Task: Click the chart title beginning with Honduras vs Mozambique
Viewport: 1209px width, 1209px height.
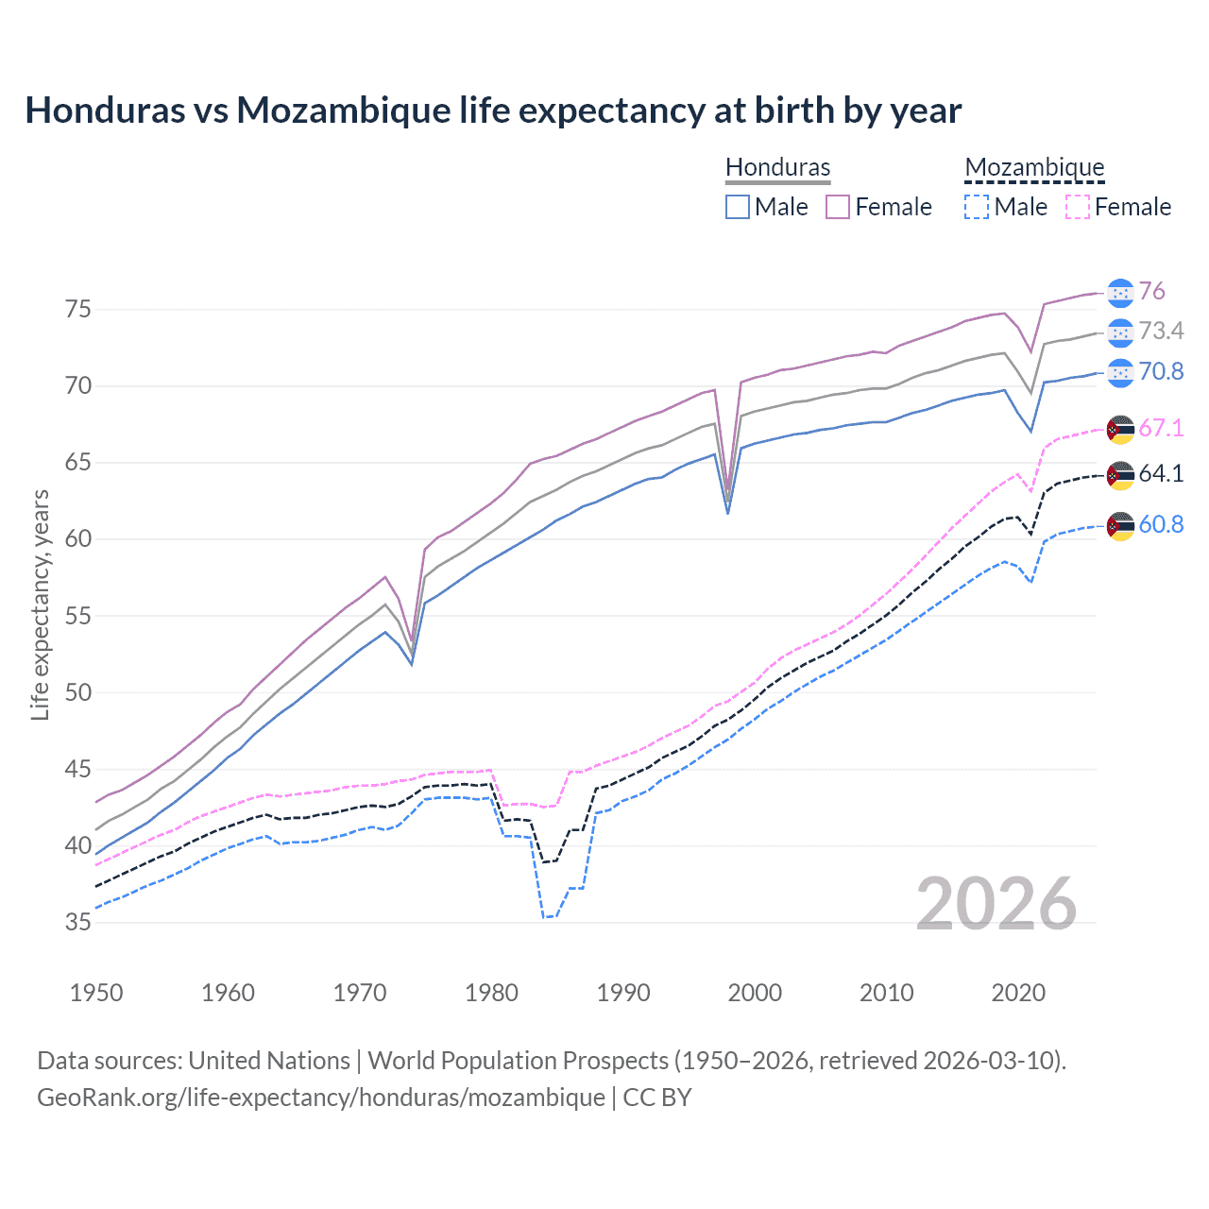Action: (x=493, y=111)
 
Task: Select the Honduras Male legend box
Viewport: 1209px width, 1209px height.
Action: (x=738, y=207)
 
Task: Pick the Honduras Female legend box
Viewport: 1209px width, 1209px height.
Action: (x=838, y=207)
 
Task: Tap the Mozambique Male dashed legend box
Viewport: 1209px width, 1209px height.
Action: (x=977, y=207)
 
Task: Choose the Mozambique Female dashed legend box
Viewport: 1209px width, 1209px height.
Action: (x=1078, y=207)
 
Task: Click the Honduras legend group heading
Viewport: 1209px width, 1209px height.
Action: (x=777, y=167)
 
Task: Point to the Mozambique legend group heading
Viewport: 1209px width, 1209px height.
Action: (x=1034, y=167)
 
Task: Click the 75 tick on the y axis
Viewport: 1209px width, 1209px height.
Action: (x=78, y=310)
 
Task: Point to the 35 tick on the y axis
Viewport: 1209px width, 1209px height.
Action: (x=78, y=922)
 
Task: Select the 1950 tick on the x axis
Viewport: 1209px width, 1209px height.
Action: (x=96, y=993)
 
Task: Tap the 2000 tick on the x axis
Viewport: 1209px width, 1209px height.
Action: (x=755, y=993)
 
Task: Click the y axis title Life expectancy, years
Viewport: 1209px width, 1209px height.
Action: (x=40, y=604)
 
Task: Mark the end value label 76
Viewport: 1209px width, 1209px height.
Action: (x=1151, y=292)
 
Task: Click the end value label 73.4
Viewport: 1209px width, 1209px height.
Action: (x=1161, y=332)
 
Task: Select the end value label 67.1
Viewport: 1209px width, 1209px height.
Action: (x=1161, y=428)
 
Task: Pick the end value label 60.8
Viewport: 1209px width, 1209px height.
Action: (x=1161, y=525)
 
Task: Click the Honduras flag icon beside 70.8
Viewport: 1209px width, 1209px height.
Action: (x=1120, y=372)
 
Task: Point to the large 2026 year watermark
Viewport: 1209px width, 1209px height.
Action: (x=996, y=904)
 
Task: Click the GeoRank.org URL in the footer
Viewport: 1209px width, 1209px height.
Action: (x=321, y=1098)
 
